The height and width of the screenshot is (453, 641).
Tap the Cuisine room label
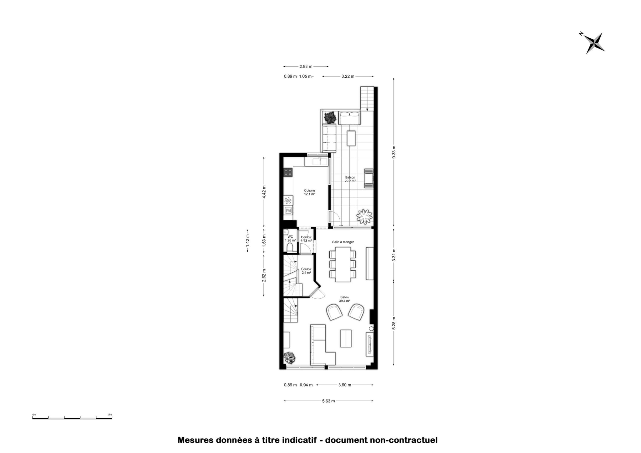pos(309,191)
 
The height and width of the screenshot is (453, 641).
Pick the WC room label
pos(290,237)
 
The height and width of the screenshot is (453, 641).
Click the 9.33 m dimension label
pos(394,152)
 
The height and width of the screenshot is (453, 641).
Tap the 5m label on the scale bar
pos(110,414)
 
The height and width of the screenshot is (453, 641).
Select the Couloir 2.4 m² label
pos(306,271)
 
